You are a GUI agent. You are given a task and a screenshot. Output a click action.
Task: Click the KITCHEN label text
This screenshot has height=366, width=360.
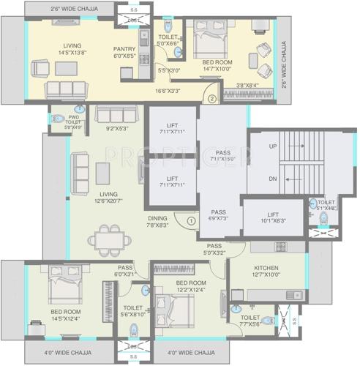(266, 269)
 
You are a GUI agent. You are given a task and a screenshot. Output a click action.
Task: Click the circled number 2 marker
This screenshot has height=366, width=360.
(211, 99)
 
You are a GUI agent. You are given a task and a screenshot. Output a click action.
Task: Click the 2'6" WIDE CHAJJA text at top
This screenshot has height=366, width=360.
(54, 10)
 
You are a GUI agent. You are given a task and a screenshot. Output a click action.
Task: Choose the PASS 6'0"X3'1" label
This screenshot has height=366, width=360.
(125, 269)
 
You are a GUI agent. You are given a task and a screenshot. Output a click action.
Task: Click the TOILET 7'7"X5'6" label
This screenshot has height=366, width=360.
(250, 321)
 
